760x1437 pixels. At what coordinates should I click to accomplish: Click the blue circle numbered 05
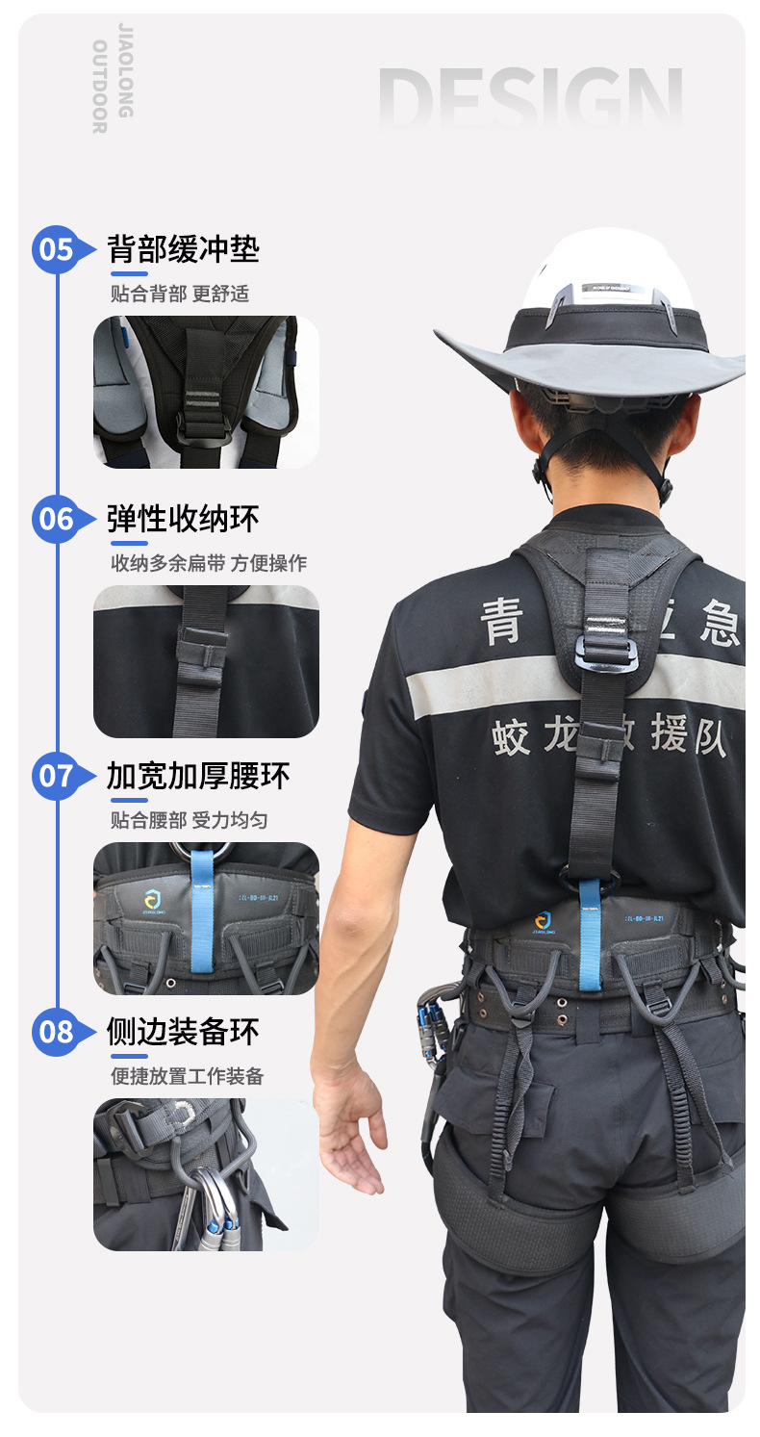point(56,250)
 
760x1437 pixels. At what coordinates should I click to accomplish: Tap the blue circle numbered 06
point(56,520)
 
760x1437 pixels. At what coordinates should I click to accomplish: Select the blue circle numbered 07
point(56,776)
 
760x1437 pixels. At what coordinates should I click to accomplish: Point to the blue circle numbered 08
point(56,1033)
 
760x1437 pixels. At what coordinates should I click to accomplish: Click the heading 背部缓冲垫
point(183,249)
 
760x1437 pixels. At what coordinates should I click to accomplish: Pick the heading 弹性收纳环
point(183,519)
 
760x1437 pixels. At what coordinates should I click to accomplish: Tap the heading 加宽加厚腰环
point(198,776)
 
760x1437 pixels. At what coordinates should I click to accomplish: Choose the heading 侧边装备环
point(183,1032)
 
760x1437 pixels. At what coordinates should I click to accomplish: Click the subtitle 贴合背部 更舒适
point(180,294)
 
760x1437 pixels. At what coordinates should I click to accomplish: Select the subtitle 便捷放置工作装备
point(187,1076)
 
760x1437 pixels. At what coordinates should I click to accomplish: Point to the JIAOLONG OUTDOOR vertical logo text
point(112,77)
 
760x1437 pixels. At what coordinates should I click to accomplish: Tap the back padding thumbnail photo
point(206,392)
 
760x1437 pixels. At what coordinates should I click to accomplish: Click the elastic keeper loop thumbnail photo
point(206,661)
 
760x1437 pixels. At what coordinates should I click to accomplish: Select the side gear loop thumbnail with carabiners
point(206,1174)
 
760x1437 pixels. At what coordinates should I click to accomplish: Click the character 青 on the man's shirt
point(501,619)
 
